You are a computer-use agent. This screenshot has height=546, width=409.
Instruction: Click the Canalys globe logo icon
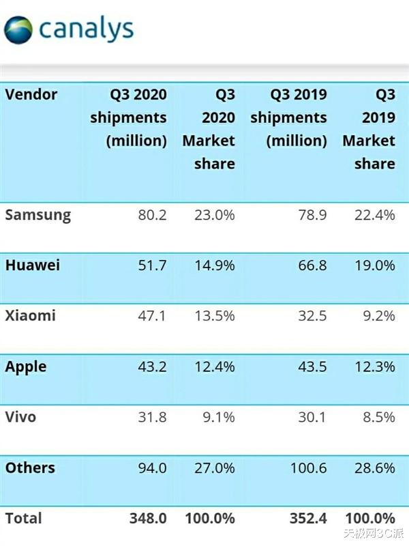point(18,30)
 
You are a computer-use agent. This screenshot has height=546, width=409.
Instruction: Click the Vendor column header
point(31,94)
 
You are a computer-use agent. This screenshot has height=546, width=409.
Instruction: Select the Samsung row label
point(38,215)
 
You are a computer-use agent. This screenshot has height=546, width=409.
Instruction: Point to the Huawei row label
point(33,265)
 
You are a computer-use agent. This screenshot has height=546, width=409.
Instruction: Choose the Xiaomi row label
point(31,316)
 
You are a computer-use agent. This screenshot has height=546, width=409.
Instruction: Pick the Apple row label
point(26,367)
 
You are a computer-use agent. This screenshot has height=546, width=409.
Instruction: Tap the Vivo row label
point(20,417)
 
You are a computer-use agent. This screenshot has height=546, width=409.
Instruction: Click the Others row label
point(30,468)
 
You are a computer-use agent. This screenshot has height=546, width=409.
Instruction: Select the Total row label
point(24,519)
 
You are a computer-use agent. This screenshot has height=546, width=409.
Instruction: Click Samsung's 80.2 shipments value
point(151,216)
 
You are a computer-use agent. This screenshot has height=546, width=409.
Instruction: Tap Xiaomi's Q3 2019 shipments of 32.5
point(312,317)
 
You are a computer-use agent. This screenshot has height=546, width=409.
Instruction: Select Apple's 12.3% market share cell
point(374,367)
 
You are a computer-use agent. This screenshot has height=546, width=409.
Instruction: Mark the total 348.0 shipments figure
point(148,519)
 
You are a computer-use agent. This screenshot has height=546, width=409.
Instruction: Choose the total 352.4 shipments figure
point(307,519)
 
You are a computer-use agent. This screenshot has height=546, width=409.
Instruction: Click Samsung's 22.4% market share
point(374,216)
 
